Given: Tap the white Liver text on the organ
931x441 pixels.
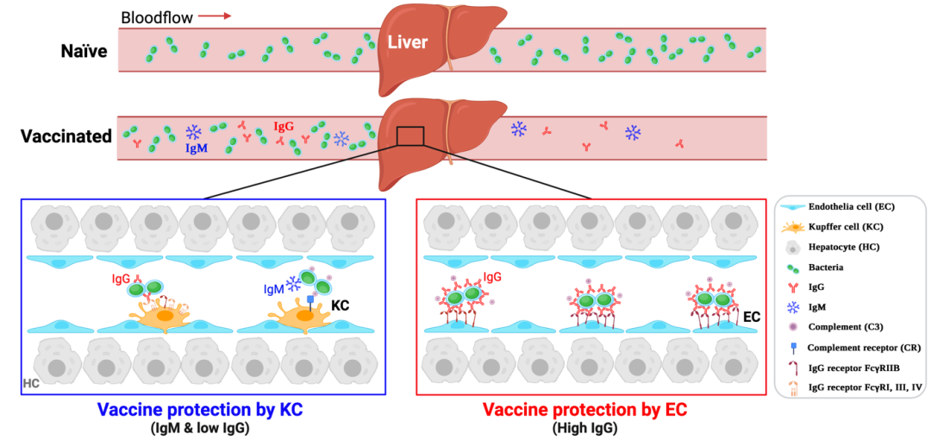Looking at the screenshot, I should click(407, 42).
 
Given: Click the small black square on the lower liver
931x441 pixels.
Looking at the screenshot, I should click(409, 136).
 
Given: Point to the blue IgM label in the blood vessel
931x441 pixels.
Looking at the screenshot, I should click(197, 148).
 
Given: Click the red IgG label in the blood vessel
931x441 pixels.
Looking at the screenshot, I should click(284, 126).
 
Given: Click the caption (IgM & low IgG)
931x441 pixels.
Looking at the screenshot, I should click(202, 425).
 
